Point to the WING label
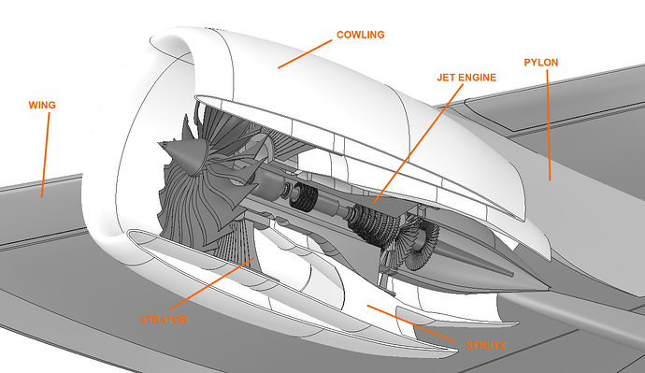tap(43, 105)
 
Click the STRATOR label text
tap(165, 320)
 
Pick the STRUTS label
tap(484, 345)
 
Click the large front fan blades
tap(201, 201)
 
